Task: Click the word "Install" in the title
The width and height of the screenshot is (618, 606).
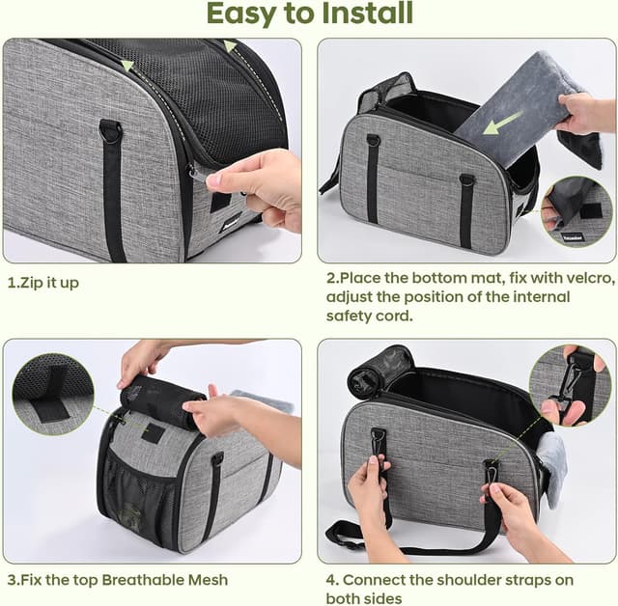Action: pos(367,13)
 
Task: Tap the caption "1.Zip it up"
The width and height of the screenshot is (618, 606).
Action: pos(42,283)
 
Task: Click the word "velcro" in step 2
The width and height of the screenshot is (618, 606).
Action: pos(587,278)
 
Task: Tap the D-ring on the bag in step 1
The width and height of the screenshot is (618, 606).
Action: pos(110,131)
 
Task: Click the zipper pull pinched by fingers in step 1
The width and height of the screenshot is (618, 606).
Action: pos(197,176)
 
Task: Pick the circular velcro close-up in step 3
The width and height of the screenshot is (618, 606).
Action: pos(52,394)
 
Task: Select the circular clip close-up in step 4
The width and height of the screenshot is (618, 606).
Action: pos(570,386)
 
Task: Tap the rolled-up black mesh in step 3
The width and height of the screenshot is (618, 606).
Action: pos(162,401)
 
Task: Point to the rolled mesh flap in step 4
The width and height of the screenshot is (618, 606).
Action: pos(379,372)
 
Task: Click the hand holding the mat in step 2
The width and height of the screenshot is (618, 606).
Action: pos(585,114)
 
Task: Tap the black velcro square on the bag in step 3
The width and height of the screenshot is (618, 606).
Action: pos(154,433)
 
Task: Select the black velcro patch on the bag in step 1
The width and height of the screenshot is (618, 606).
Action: pos(220,202)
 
